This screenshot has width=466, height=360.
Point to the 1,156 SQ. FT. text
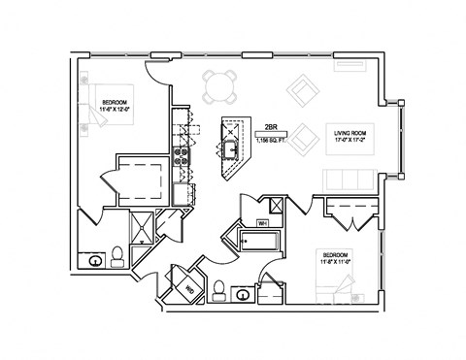click(x=273, y=141)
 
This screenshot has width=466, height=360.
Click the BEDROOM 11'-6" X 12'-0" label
click(x=117, y=105)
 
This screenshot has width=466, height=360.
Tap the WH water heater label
click(x=262, y=223)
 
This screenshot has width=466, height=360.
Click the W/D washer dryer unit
click(x=190, y=287)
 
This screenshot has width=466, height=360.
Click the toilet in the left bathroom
click(x=117, y=255)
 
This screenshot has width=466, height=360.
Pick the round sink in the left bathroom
click(x=95, y=260)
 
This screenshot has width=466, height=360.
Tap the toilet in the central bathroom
click(x=220, y=288)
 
